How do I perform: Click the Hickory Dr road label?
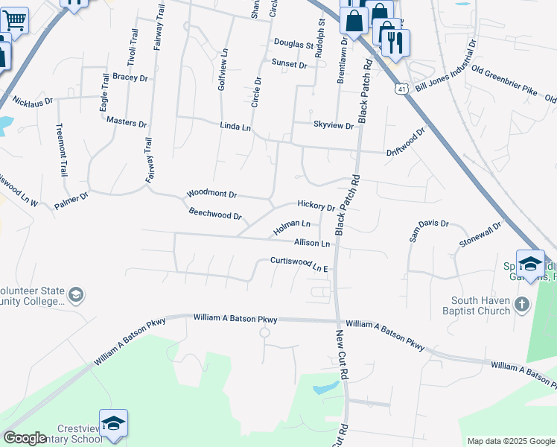(316, 205)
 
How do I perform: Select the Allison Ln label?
(311, 243)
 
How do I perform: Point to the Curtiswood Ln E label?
(299, 264)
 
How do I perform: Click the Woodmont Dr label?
(211, 194)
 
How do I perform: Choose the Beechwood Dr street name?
(215, 215)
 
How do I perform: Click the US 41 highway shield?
(402, 89)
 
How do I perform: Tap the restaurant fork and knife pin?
(395, 42)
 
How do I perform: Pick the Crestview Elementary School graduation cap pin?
(113, 423)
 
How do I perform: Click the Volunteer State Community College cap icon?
(75, 296)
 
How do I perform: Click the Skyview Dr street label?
(333, 126)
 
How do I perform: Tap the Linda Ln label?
(235, 127)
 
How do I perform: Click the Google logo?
(25, 438)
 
